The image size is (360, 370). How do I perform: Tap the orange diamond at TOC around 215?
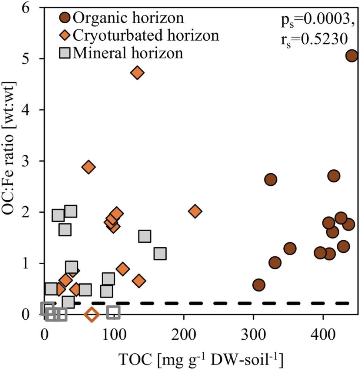195,211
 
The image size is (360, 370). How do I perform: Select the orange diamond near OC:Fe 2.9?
88,167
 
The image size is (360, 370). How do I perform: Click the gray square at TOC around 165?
160,254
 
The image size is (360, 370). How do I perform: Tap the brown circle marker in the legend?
65,17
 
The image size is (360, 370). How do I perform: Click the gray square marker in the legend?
65,53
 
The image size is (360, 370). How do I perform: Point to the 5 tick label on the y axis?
29,59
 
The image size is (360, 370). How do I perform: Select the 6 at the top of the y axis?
29,8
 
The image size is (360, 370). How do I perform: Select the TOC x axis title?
200,358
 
